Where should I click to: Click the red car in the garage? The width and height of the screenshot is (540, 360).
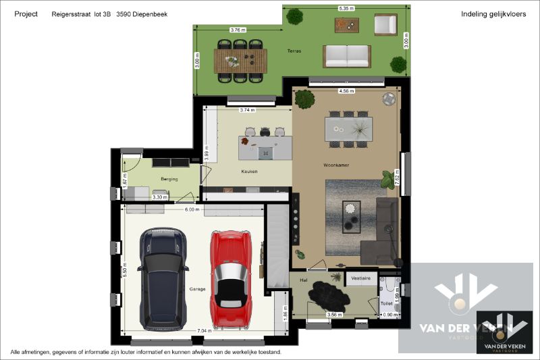coord(232,278)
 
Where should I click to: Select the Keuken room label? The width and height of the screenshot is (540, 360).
coord(250,172)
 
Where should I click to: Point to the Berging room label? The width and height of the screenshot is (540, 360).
coord(169,179)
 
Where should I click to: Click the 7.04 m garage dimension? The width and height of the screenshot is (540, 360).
coord(202,331)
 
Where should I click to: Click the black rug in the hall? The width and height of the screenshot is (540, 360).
coord(327,294)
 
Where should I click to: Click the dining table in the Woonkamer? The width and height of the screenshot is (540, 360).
coord(348,128)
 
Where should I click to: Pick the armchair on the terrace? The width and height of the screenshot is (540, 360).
coord(385,25)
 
